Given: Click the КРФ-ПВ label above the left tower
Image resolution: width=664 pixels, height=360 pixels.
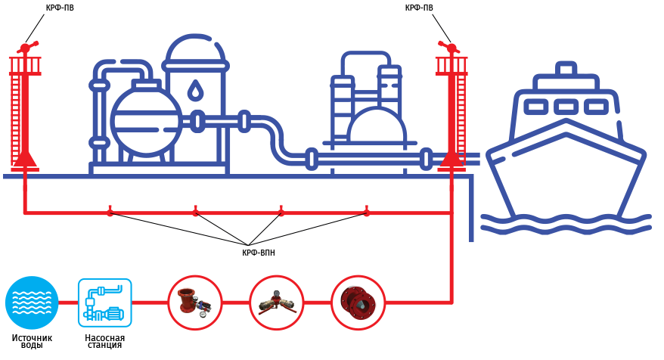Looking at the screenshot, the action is [x=60, y=8].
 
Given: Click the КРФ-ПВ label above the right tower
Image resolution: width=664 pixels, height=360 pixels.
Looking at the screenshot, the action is [x=419, y=8].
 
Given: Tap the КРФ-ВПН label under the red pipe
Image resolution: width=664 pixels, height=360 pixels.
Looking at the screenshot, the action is [x=259, y=253].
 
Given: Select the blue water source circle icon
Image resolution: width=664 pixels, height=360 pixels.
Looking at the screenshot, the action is [x=32, y=303].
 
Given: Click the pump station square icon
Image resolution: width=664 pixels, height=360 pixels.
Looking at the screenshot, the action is [x=105, y=303].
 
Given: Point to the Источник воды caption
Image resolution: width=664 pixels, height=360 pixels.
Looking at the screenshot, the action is [x=33, y=341].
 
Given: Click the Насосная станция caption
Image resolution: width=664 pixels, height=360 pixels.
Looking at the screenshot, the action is [x=105, y=341].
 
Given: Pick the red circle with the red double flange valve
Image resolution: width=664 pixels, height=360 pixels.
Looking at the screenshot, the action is [x=358, y=303].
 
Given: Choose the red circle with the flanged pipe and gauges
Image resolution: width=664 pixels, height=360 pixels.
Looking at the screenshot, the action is [x=195, y=303].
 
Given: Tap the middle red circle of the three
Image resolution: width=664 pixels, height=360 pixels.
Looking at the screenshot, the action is [x=277, y=303].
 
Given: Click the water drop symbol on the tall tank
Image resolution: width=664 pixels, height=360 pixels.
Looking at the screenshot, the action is [x=195, y=90].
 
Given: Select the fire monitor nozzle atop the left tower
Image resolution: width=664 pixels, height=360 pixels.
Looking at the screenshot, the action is [x=26, y=48].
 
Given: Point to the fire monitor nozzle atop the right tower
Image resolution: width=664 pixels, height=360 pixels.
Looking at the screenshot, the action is [x=451, y=47].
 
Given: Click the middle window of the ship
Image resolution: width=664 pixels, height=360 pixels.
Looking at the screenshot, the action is [x=566, y=107].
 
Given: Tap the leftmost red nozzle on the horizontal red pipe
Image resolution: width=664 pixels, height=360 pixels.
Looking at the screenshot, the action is [x=110, y=210].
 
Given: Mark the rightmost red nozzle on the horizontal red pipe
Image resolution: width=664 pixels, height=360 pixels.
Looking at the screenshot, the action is [x=367, y=210].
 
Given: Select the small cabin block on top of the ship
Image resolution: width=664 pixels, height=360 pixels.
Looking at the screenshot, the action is [x=566, y=70].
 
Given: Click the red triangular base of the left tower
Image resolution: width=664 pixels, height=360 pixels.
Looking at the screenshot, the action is [x=25, y=160].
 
